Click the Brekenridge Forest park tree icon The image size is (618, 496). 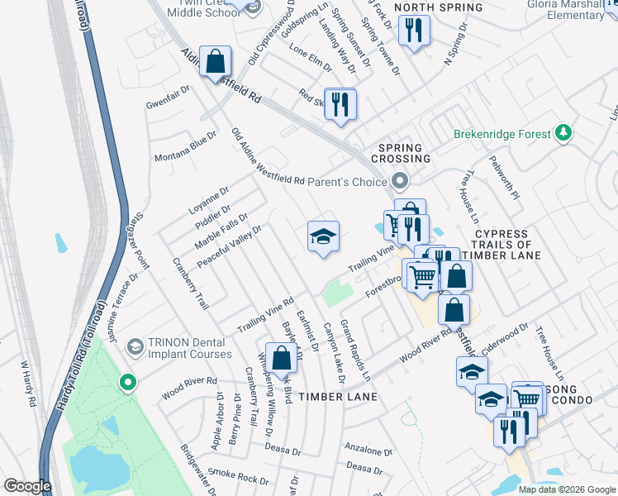tap(563, 132)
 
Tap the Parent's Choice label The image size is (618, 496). tap(347, 181)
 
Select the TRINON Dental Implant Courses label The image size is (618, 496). tap(189, 348)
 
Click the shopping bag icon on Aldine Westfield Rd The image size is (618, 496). tap(215, 61)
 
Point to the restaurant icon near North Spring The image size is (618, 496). tap(411, 31)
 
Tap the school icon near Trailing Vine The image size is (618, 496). tap(323, 237)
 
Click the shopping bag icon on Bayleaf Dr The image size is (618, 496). tap(281, 357)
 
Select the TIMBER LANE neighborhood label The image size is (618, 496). tap(338, 397)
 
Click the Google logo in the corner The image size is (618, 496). tap(27, 486)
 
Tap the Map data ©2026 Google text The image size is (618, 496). tap(567, 489)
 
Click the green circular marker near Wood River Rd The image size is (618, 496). tap(127, 382)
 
